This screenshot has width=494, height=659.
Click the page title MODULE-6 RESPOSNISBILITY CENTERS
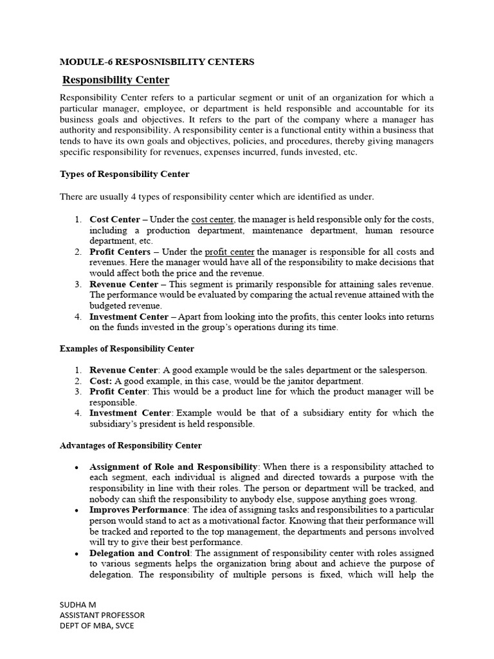(x=157, y=62)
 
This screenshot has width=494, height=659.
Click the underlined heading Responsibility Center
(x=116, y=80)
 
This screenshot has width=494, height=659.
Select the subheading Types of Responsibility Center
(x=125, y=174)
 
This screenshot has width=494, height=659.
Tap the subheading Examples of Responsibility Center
(x=127, y=349)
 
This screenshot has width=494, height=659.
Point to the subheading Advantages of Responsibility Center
(x=131, y=445)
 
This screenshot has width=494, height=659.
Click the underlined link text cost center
(x=213, y=219)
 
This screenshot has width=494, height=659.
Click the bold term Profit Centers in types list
(x=120, y=252)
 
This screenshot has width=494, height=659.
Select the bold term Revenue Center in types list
(x=123, y=284)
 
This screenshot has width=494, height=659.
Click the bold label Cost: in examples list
(x=101, y=381)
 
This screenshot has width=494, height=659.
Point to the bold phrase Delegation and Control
(x=140, y=553)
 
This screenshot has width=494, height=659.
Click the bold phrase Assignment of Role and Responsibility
(x=173, y=467)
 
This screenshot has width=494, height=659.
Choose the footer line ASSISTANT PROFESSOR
(x=102, y=616)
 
